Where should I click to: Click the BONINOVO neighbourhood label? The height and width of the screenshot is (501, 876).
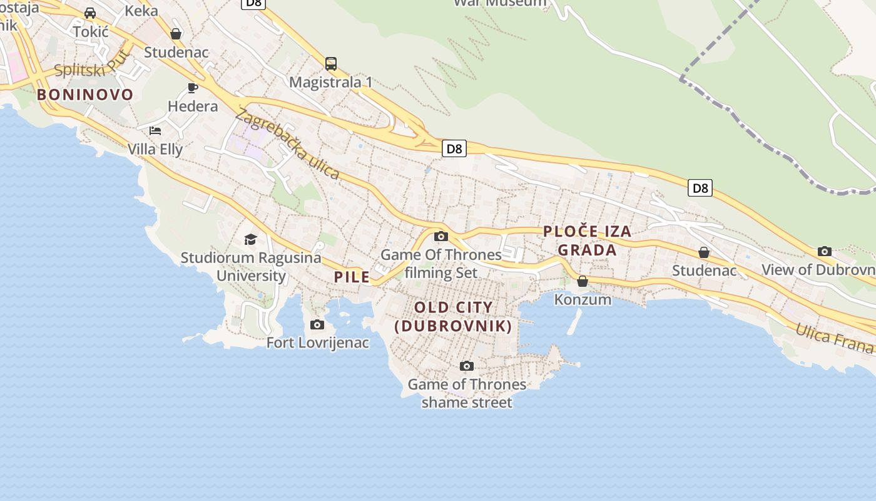pos(85,95)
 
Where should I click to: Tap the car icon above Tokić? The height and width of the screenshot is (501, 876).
pos(90,13)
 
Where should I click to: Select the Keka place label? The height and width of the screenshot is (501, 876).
pos(141,11)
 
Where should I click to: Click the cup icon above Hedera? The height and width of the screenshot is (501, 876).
pos(193,88)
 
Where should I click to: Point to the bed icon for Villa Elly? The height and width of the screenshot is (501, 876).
pos(155,130)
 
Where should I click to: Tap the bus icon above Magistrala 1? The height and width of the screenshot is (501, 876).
pos(331,63)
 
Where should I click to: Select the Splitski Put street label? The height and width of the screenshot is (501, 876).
pos(92,65)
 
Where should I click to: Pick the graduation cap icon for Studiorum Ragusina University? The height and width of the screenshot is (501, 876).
pos(250,239)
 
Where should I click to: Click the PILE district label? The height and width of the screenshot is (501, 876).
pos(352,277)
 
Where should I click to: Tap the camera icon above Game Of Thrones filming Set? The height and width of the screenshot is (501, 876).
pos(441,236)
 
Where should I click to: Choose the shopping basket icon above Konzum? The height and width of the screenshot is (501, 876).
pos(583,281)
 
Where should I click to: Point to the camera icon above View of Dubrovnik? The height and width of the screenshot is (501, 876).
pos(825,251)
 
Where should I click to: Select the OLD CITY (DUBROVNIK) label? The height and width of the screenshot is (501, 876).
pos(454,316)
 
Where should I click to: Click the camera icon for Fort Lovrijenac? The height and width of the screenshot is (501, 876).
pos(317,324)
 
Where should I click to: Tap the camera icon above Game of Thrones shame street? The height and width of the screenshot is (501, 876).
pos(466,366)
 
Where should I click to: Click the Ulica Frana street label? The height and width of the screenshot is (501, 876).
pos(835,337)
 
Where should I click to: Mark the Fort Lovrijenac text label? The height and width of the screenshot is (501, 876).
pos(318,343)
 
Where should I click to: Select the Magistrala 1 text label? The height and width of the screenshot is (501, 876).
pos(331,82)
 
